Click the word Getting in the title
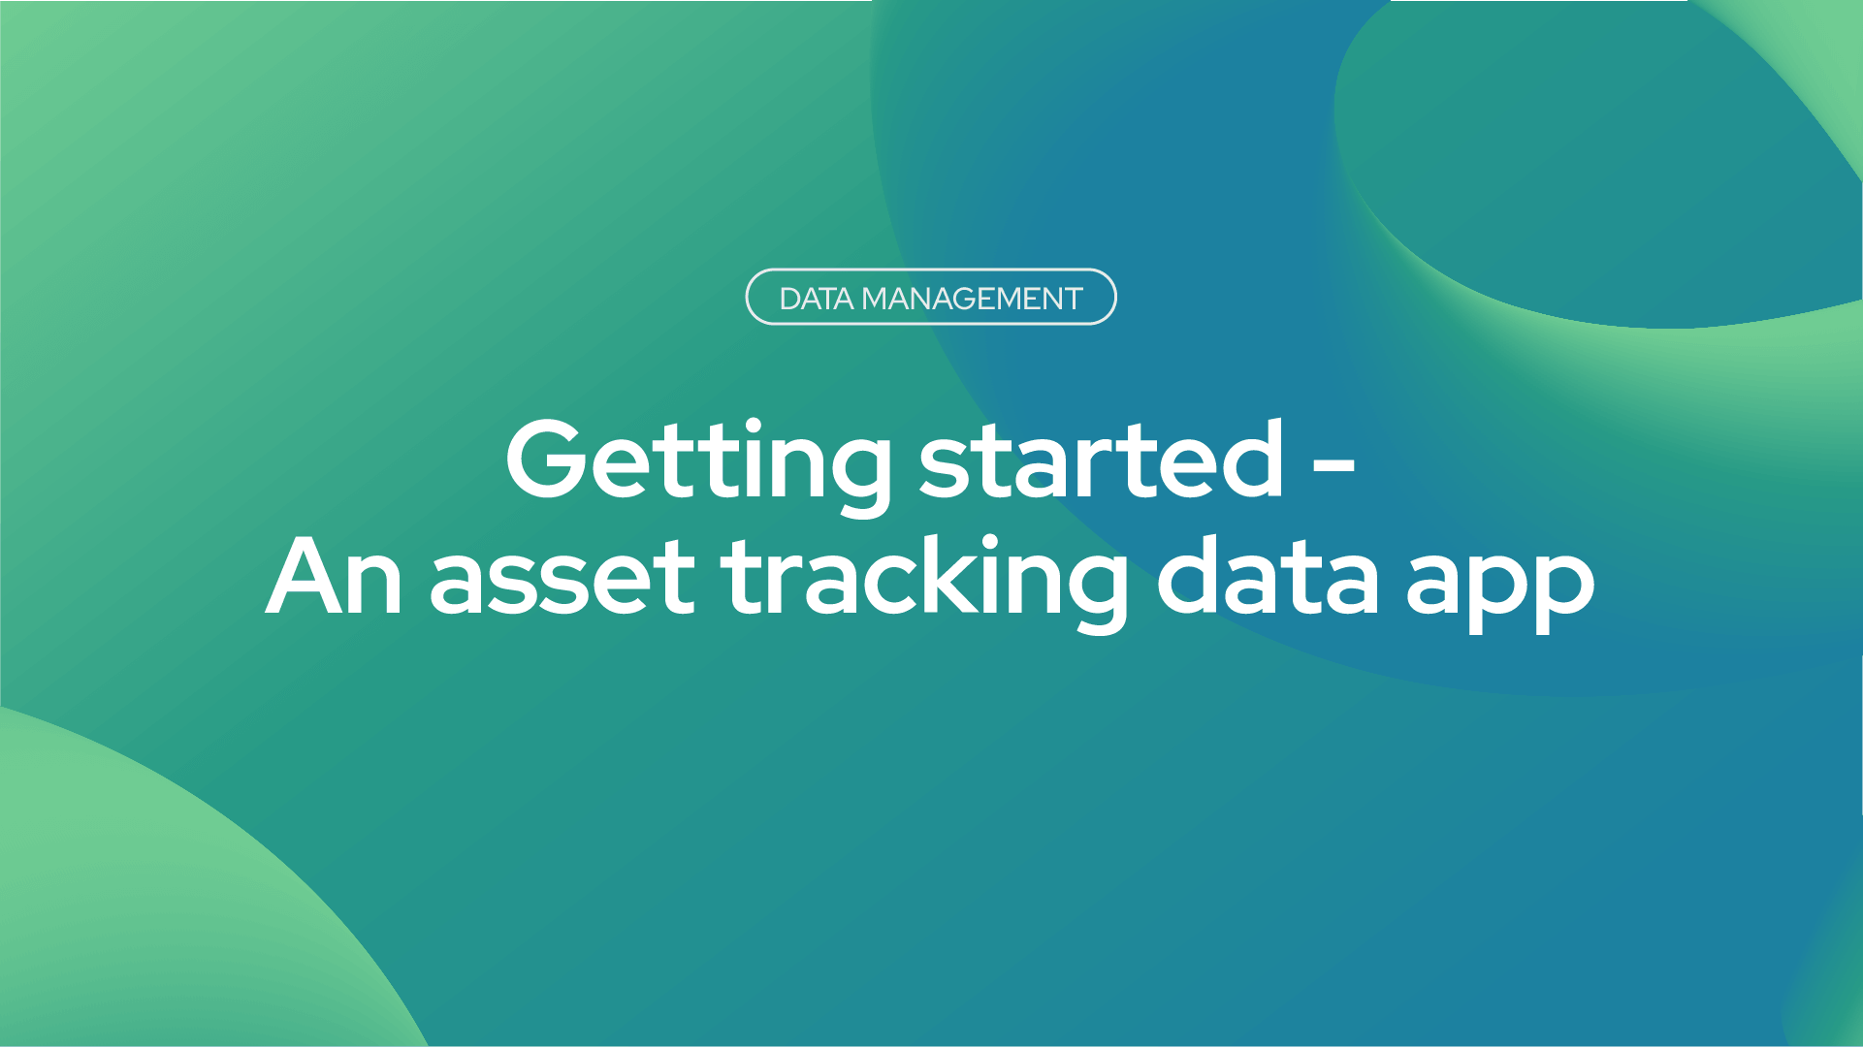click(698, 466)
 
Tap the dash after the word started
click(1333, 466)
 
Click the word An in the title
click(334, 577)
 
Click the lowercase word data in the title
click(1268, 576)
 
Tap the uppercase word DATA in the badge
click(817, 299)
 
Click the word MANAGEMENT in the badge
click(972, 299)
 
